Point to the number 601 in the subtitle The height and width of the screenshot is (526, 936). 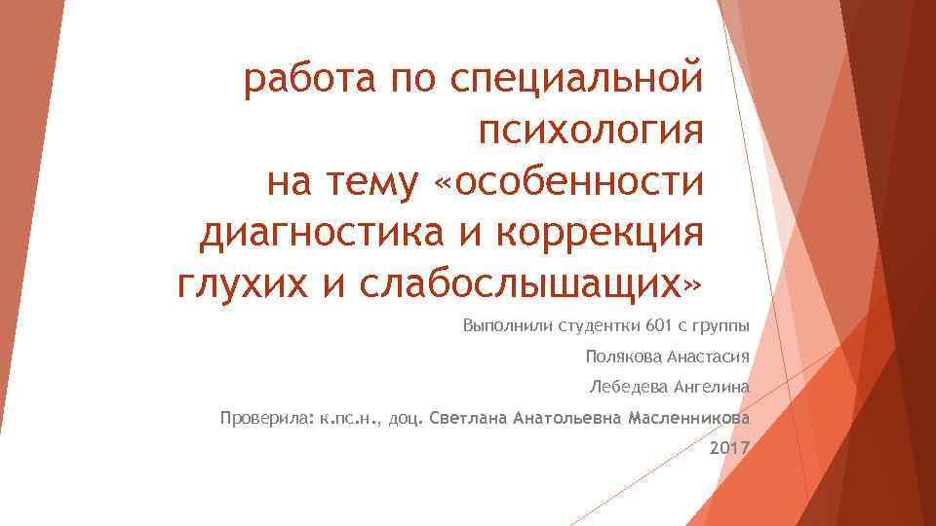coord(659,324)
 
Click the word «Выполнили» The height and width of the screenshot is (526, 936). coord(505,324)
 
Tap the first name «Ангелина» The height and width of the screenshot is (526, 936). coord(712,387)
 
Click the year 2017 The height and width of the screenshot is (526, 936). coord(729,449)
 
